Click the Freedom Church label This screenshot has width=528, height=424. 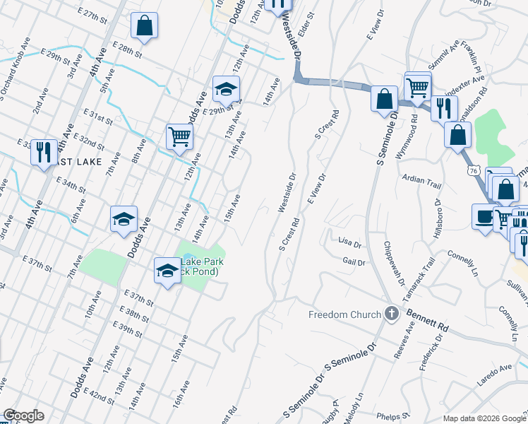coord(344,314)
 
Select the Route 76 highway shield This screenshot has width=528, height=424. coord(472,170)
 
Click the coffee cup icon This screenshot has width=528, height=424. coord(484,217)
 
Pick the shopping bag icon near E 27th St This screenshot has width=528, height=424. coord(144,26)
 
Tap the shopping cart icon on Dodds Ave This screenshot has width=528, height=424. coord(179,136)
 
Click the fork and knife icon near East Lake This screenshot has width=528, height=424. coord(44,152)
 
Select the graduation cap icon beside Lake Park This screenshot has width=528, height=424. coord(167,270)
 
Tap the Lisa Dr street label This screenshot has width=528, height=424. coord(350,244)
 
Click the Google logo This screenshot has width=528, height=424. coord(23,416)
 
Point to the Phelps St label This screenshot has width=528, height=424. coord(393,416)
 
